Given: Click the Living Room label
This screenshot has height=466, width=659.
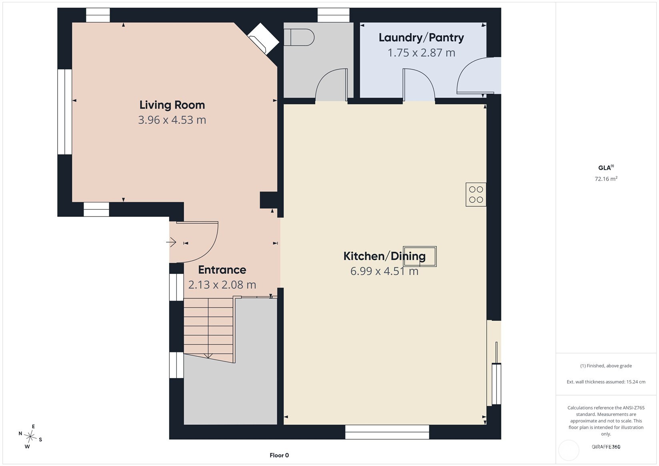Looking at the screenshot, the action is [x=172, y=105].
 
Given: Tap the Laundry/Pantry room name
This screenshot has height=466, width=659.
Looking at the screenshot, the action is [x=421, y=38].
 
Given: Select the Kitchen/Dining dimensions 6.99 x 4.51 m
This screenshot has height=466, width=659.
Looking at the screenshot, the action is [x=384, y=271].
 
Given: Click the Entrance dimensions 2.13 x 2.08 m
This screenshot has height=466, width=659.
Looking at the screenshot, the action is [x=222, y=284].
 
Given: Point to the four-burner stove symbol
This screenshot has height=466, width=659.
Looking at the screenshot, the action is [x=476, y=194].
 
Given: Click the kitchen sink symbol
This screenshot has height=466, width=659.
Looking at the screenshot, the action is [x=419, y=256].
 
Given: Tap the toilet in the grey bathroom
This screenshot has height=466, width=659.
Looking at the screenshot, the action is [x=299, y=37].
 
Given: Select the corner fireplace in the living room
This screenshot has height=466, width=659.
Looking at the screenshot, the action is [x=263, y=39].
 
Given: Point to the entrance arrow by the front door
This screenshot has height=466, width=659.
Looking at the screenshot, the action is [x=171, y=242].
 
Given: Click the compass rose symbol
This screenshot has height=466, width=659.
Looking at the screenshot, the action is [x=30, y=436].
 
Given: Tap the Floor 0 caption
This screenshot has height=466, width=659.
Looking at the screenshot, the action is [x=279, y=455].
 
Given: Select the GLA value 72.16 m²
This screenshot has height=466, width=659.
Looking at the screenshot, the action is [x=606, y=178].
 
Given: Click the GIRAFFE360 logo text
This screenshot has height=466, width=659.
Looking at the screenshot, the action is [x=606, y=446].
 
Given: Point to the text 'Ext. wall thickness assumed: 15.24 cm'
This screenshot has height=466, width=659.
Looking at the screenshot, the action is [x=606, y=382].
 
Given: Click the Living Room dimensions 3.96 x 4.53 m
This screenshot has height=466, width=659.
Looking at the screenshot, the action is [x=172, y=120].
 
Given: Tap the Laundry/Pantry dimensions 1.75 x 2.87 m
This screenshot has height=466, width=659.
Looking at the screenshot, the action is [x=421, y=53].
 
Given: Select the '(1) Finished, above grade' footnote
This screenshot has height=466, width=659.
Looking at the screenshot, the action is [x=606, y=366].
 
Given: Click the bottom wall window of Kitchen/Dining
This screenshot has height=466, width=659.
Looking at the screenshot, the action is [x=387, y=432].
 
